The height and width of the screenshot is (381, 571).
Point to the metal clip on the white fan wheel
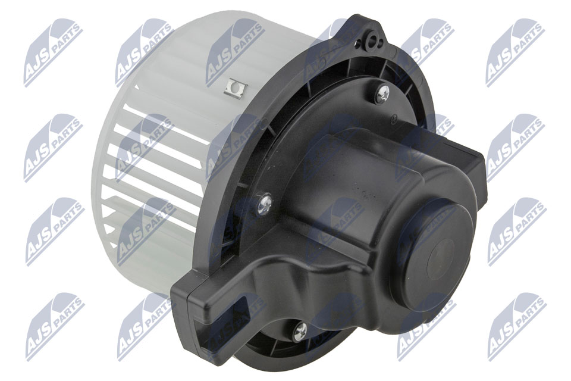236,88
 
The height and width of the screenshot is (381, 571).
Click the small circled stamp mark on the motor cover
394,119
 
